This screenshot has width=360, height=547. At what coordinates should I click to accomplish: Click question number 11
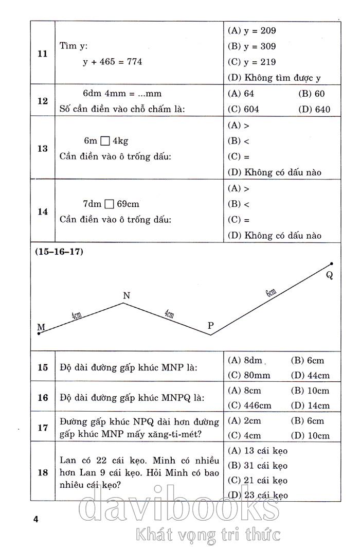click(x=43, y=54)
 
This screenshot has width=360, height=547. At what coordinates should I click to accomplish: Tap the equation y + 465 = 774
click(x=113, y=62)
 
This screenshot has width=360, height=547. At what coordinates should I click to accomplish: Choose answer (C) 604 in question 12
click(x=243, y=109)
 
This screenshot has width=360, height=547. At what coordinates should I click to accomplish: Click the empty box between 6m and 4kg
click(x=104, y=140)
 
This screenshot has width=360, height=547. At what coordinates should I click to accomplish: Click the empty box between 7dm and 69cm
click(x=109, y=204)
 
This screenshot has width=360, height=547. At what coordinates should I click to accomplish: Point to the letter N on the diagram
click(x=127, y=295)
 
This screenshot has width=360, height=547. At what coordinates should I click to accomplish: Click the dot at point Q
click(x=331, y=264)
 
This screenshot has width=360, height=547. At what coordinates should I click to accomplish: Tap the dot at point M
click(x=39, y=334)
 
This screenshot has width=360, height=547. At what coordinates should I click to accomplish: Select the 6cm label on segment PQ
click(x=271, y=294)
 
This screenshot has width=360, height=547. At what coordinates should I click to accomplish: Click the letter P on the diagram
click(x=210, y=325)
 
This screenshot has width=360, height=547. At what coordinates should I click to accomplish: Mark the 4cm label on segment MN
click(x=77, y=315)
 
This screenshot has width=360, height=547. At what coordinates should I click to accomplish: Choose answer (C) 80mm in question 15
click(x=249, y=375)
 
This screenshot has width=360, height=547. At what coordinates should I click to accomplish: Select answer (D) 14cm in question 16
click(x=310, y=405)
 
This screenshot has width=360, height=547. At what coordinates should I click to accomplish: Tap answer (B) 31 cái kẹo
click(x=257, y=466)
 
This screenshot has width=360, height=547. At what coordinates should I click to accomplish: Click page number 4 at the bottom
click(x=35, y=519)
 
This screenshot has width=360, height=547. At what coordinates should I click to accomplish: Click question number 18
click(x=43, y=472)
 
